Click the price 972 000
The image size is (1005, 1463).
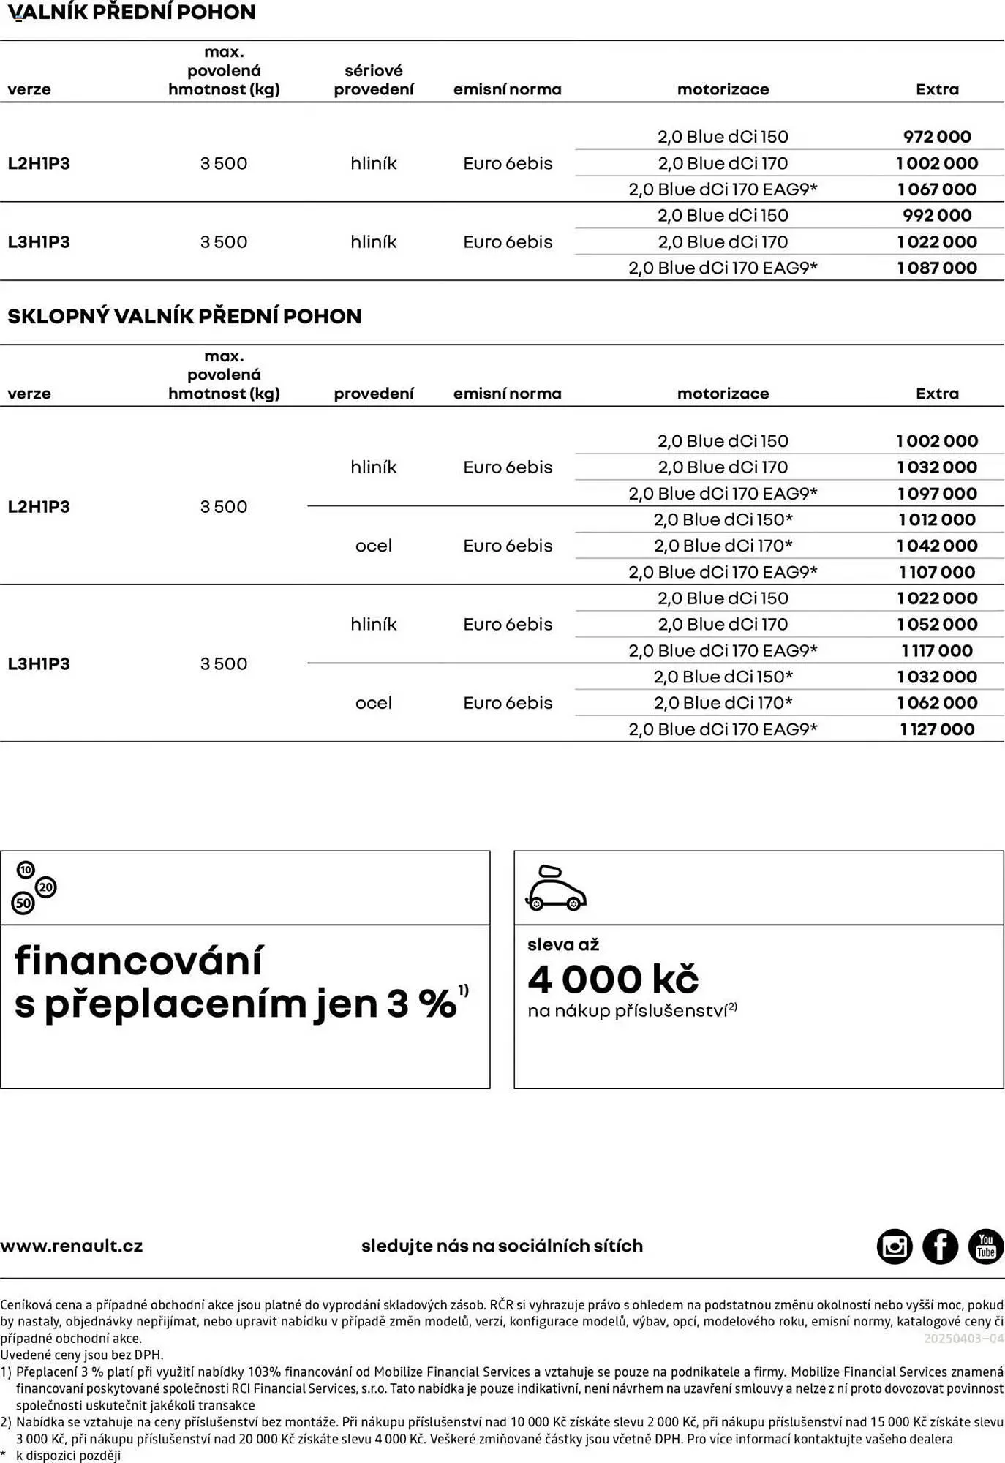tap(937, 137)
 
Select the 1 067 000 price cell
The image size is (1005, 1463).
tap(937, 189)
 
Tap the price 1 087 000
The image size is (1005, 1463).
tap(937, 268)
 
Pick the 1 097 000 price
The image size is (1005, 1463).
tap(937, 494)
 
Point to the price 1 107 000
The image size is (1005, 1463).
tap(937, 572)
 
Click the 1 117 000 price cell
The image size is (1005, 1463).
tap(937, 651)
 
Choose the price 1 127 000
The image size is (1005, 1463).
tap(937, 729)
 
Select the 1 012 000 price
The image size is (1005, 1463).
tap(937, 520)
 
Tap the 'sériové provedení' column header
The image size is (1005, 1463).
tap(374, 80)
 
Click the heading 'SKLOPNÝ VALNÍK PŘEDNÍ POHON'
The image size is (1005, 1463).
tap(184, 317)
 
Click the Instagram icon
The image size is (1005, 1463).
tap(895, 1246)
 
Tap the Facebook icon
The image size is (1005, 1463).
tap(940, 1246)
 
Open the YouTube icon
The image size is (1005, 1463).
tap(985, 1246)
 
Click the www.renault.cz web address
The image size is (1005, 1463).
tap(72, 1246)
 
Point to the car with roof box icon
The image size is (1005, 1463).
tap(556, 889)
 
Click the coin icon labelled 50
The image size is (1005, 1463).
tap(23, 903)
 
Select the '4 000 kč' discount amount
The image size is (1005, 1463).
tap(613, 979)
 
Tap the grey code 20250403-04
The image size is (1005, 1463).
tap(963, 1339)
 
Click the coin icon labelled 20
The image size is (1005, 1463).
tap(45, 887)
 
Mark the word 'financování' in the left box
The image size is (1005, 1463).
tap(138, 961)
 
